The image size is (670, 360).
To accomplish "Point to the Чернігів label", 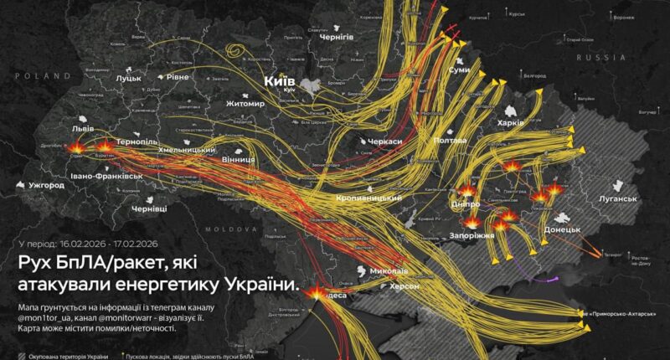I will pyautogui.click(x=336, y=37).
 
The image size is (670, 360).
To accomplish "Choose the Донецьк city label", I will pyautogui.click(x=562, y=229).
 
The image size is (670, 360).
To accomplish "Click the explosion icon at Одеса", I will pyautogui.click(x=317, y=291).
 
